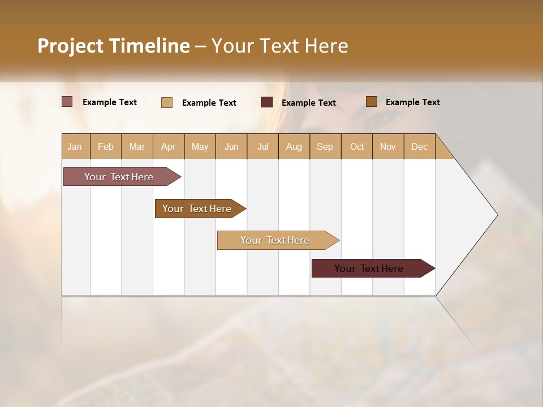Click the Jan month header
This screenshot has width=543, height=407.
(x=75, y=146)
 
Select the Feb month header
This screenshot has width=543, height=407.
(x=106, y=146)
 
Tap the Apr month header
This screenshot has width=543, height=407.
(x=168, y=146)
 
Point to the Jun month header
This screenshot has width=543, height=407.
(x=231, y=146)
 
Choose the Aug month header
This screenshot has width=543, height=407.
(x=294, y=146)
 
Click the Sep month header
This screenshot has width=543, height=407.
(x=325, y=146)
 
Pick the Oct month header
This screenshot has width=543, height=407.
(x=357, y=146)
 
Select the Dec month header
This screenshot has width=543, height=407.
(x=419, y=146)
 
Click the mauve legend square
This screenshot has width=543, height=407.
(x=67, y=102)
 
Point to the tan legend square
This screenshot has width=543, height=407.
(x=167, y=102)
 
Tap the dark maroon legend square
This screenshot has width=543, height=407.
(x=267, y=102)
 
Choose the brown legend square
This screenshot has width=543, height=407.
(x=372, y=102)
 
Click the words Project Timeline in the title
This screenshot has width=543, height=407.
(x=114, y=46)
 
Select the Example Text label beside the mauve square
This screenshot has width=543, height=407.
(x=110, y=102)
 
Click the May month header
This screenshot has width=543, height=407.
(x=200, y=146)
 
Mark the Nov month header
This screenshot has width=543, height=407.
(x=388, y=146)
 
